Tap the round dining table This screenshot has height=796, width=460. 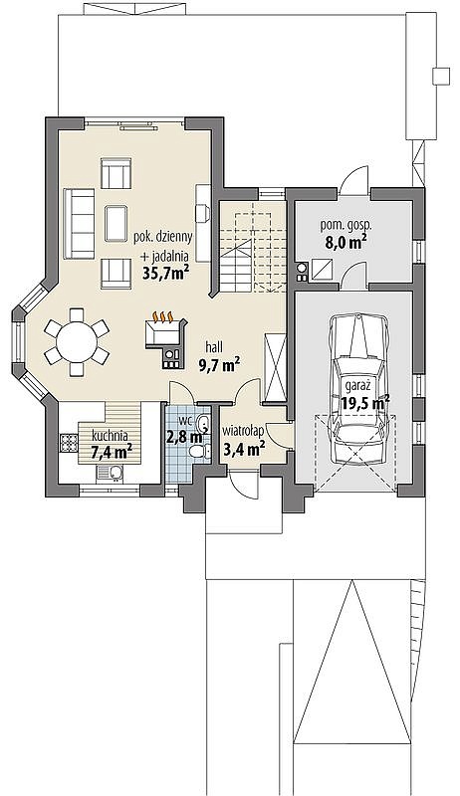click(x=77, y=342)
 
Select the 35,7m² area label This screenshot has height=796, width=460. click(x=166, y=275)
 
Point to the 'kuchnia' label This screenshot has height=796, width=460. click(x=110, y=436)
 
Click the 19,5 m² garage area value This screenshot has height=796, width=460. click(x=365, y=403)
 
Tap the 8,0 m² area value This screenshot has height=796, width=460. click(x=346, y=242)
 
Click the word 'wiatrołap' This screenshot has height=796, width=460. click(x=242, y=432)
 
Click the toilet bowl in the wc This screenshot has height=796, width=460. click(x=198, y=451)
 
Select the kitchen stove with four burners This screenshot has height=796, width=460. click(x=67, y=442)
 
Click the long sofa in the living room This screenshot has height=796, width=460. click(x=80, y=224)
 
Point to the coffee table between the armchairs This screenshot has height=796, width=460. click(x=116, y=223)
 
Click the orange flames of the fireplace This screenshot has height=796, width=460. click(x=163, y=317)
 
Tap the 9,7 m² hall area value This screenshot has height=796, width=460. click(x=218, y=364)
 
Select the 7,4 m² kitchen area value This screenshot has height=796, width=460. click(x=112, y=452)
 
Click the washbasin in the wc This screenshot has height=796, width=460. click(x=203, y=422)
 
